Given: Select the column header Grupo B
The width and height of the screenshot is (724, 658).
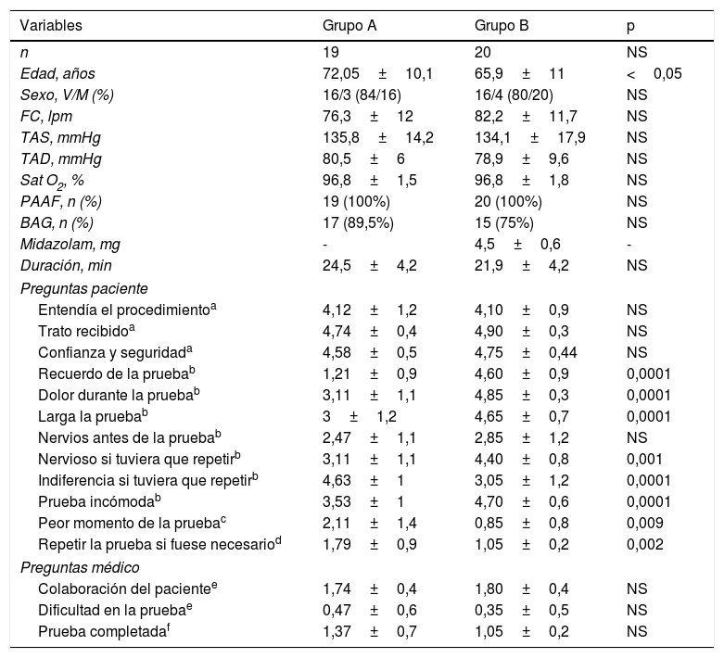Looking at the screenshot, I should [502, 26].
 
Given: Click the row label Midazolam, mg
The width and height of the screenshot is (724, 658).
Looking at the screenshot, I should [70, 245].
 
